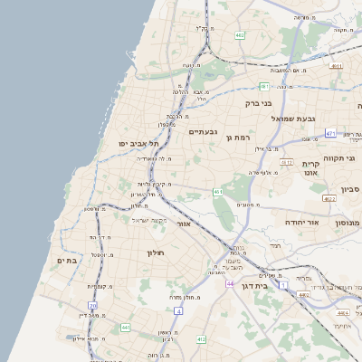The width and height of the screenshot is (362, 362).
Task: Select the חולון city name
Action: (x=159, y=252)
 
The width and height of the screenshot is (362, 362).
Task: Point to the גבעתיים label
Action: (x=202, y=132)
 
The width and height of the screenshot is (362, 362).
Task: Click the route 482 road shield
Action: (x=240, y=35)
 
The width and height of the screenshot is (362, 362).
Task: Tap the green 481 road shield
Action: (x=264, y=86)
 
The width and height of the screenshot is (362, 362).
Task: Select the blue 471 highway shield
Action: (x=330, y=134)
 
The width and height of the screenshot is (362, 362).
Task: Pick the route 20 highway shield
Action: (x=92, y=306)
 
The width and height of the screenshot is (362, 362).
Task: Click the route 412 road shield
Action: (x=201, y=339)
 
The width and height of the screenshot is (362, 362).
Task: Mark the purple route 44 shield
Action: (x=231, y=284)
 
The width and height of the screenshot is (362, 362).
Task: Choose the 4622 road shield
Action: (x=329, y=198)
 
